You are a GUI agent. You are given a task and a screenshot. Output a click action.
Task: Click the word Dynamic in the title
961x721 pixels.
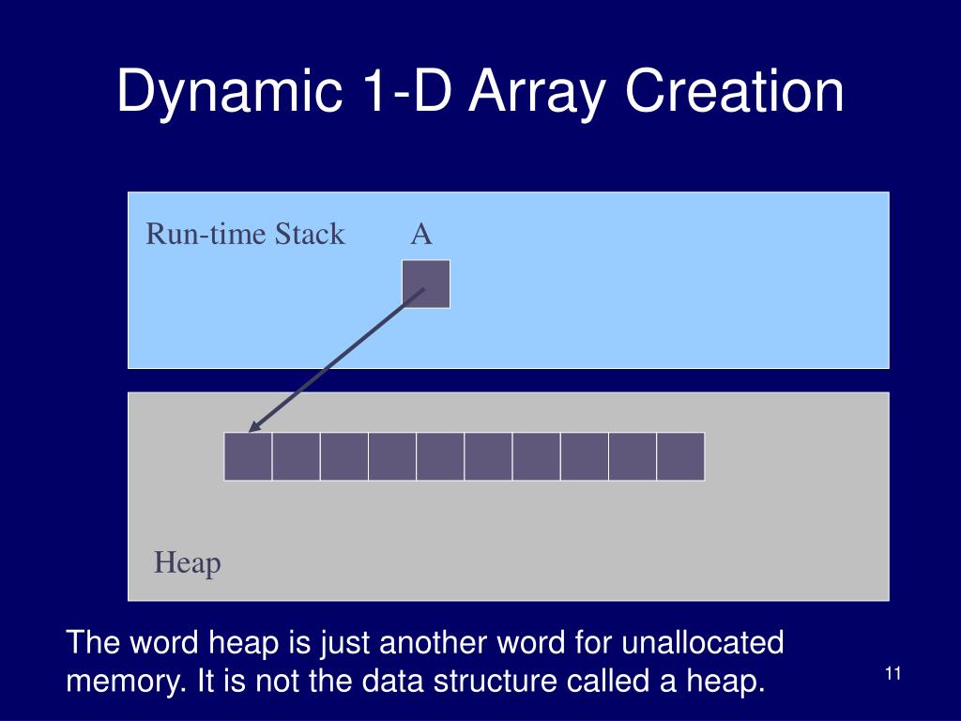pos(225,93)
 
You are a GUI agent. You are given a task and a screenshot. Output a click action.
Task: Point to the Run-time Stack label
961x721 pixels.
pos(245,234)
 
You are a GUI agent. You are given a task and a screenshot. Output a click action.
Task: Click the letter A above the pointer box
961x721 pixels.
pos(421,234)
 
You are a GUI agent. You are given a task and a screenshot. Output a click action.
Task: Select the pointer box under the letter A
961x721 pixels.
pos(426,284)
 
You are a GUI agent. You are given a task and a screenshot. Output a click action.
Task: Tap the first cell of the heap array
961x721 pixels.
pos(249,456)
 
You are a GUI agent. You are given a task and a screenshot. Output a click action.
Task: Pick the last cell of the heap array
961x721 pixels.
pos(680,456)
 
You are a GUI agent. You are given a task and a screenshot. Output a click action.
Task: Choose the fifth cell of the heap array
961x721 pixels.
pos(440,456)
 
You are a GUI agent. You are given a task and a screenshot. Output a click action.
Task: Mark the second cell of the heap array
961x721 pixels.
pos(297,456)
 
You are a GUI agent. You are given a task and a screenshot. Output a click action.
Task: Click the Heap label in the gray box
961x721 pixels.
pos(188,563)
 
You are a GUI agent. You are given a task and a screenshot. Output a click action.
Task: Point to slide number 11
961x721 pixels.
pos(892,673)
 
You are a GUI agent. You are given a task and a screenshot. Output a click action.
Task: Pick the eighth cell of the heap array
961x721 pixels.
pos(584,456)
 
